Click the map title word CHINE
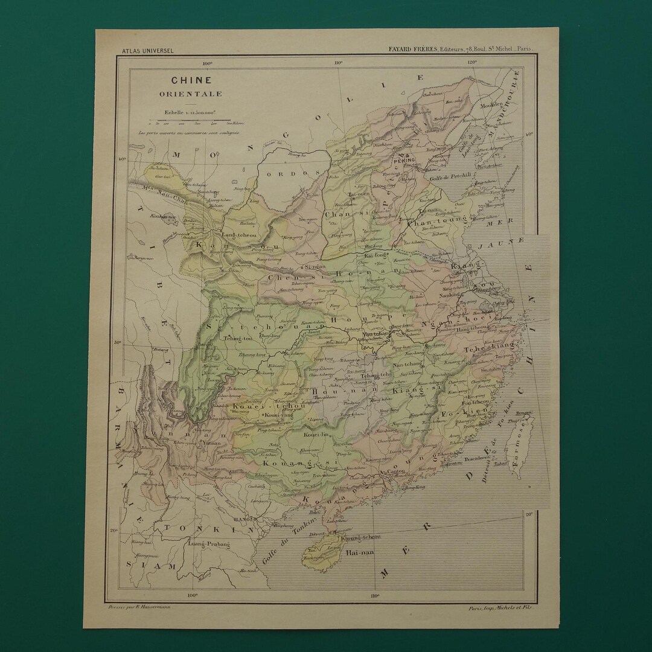pyautogui.click(x=191, y=80)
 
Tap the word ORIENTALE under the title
pyautogui.click(x=191, y=94)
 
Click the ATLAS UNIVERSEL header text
pyautogui.click(x=147, y=51)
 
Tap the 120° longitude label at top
pyautogui.click(x=471, y=62)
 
